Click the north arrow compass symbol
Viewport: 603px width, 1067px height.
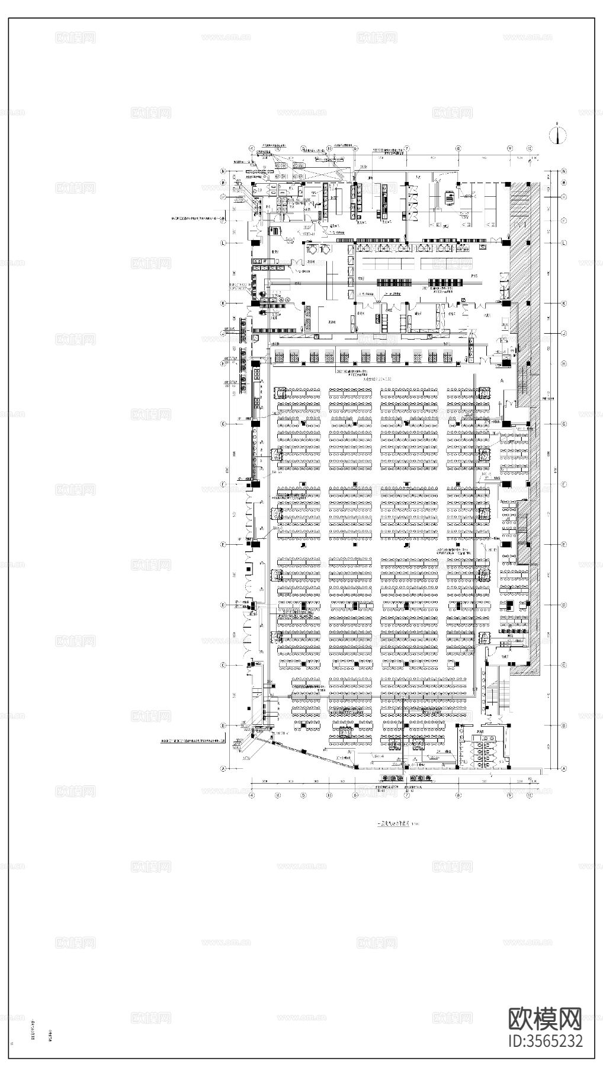click(x=556, y=135)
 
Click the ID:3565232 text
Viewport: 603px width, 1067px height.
click(x=546, y=1040)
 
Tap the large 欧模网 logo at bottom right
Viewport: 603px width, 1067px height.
click(x=546, y=1017)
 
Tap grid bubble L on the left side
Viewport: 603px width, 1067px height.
click(x=224, y=243)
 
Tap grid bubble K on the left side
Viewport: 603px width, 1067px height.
click(x=224, y=304)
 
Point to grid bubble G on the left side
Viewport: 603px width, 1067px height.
click(x=224, y=424)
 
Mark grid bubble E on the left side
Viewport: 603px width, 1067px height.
click(x=224, y=544)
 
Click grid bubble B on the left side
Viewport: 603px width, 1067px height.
click(x=224, y=726)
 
